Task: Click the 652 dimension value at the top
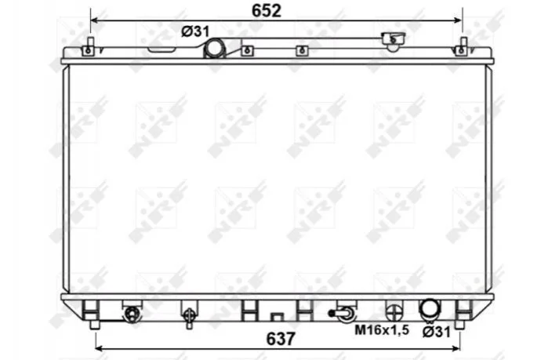[x=267, y=11]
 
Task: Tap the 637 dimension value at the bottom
[x=281, y=339]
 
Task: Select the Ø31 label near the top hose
[x=195, y=31]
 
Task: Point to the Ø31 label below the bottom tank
[x=437, y=332]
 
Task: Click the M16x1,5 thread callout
[x=382, y=330]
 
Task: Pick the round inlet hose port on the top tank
[x=214, y=49]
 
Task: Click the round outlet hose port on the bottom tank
[x=430, y=308]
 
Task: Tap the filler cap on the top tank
[x=394, y=38]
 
